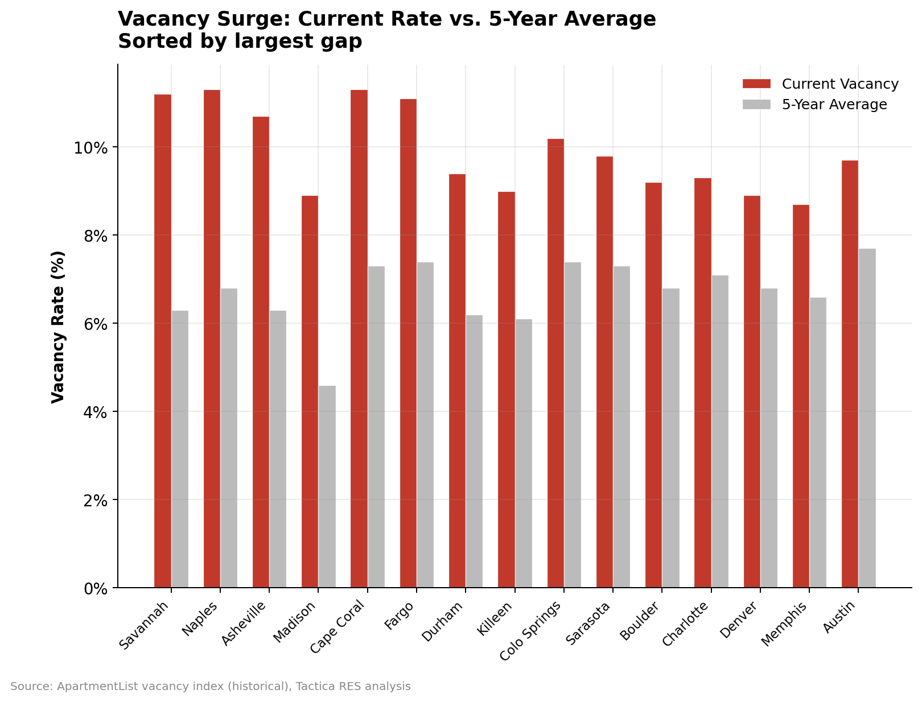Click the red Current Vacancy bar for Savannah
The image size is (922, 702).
click(x=162, y=341)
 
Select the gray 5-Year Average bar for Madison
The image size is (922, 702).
click(x=327, y=486)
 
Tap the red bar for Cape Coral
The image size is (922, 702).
click(x=359, y=338)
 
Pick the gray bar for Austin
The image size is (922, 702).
click(x=867, y=418)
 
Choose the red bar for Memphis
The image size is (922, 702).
click(x=801, y=396)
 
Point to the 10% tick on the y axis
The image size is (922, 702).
click(x=90, y=148)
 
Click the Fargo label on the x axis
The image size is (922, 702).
click(x=400, y=616)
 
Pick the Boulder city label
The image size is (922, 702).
click(x=640, y=623)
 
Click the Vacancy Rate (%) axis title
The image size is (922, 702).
click(x=59, y=327)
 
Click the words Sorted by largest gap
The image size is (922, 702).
click(x=240, y=42)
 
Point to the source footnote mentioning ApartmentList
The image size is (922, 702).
click(x=210, y=687)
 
